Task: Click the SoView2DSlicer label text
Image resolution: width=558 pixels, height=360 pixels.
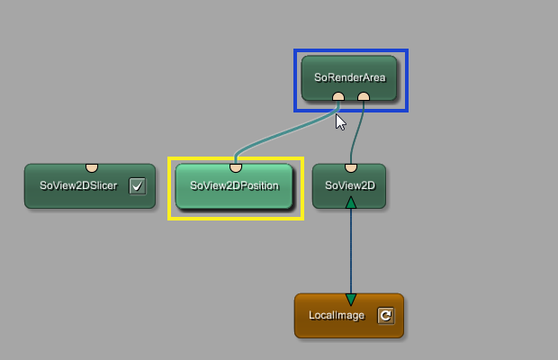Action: pos(79,186)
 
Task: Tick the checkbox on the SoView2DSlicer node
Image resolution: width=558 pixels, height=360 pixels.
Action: pos(137,186)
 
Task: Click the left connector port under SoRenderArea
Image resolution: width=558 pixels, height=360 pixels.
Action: pos(337,96)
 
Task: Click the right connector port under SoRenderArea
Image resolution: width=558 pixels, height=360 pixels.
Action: pos(364,96)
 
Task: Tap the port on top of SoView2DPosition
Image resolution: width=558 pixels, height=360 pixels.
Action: pos(236,166)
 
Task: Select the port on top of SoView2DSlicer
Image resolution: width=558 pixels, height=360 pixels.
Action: pos(91,166)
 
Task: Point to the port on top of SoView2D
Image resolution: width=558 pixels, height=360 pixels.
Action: pos(351,166)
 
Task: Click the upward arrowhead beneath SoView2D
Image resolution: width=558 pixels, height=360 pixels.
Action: pos(351,202)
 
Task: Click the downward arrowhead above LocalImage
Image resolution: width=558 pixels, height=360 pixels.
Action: pos(351,299)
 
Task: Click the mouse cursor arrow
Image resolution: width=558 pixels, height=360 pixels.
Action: pos(340,121)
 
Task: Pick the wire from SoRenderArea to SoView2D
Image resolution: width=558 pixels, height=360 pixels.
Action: pos(357,135)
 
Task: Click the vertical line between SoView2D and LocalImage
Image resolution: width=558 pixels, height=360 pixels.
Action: pos(351,252)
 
